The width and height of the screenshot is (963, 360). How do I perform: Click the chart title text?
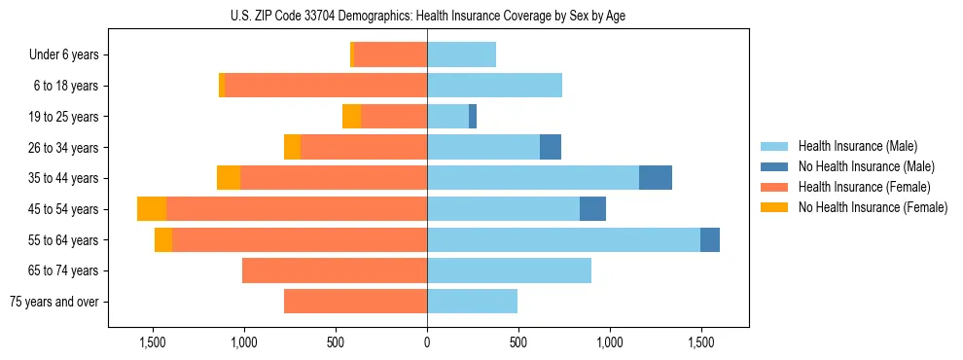pos(426,16)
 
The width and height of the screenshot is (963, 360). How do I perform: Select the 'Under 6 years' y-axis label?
pos(64,55)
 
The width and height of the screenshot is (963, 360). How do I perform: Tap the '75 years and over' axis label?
pos(54,302)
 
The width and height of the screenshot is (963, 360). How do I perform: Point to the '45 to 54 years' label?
pos(64,209)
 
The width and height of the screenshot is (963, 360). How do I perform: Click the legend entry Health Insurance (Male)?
pos(857,146)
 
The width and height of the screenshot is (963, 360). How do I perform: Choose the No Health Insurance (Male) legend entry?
pos(866,166)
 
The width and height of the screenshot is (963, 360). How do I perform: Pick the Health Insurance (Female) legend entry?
pos(864,187)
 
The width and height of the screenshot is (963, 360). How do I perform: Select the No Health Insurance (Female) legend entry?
pos(873,207)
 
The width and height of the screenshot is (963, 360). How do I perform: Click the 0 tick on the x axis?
pos(427,342)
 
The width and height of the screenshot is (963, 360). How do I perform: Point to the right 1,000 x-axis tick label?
pos(610,342)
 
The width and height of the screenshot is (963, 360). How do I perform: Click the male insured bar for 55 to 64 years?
pos(563,239)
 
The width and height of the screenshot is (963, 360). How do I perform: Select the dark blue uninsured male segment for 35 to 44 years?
pos(656,178)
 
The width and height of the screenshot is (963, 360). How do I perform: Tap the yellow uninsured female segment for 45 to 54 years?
pos(152,209)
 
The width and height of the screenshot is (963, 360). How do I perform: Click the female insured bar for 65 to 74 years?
pos(335,270)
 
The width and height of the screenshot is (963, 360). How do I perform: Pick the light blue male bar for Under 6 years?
pos(461,54)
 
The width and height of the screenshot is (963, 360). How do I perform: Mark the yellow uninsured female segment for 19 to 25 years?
pos(351,117)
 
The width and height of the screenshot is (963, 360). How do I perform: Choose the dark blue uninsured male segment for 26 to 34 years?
pos(551,147)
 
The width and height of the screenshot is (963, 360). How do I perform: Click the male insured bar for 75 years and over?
pos(472,302)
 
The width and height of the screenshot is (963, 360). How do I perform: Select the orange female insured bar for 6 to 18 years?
pos(326,86)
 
